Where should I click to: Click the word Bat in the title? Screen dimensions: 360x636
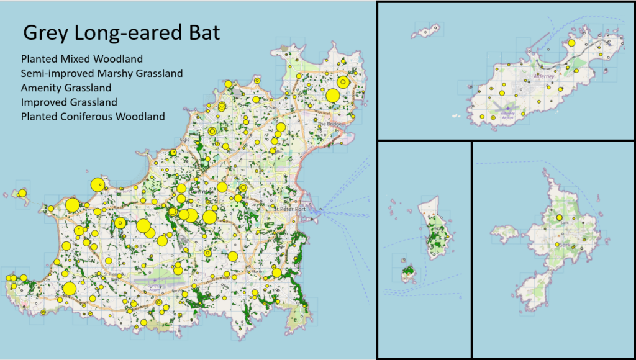coord(201,32)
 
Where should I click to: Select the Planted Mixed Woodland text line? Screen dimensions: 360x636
coord(81,60)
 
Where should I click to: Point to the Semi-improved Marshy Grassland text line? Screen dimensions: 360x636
coord(101,74)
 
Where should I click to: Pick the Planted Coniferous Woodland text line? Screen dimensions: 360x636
coord(93,116)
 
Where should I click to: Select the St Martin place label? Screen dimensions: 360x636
coord(257,271)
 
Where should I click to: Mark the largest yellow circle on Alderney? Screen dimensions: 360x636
coord(571,43)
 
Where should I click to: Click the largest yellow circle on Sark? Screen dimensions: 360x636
coord(560,218)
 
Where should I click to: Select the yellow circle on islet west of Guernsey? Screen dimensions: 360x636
coord(22,193)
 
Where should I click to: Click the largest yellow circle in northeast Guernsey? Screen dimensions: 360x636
coord(333,96)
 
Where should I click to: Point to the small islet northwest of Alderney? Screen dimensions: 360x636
coord(429,29)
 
